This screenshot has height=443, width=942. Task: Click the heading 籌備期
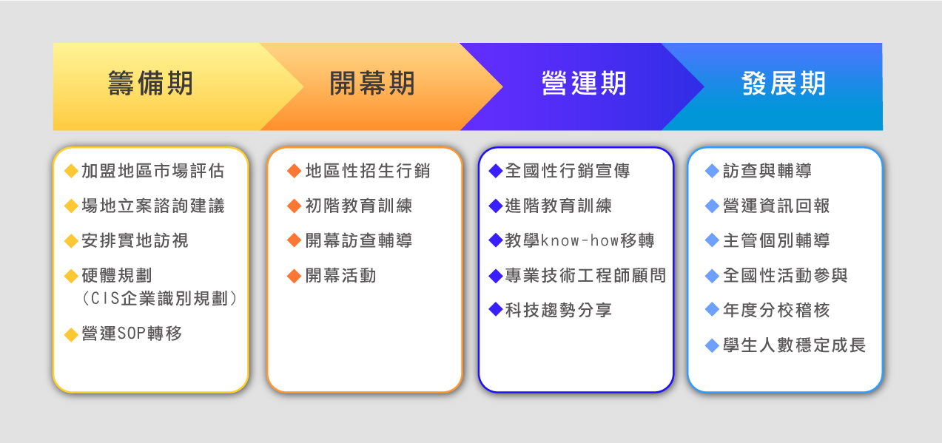tap(150, 84)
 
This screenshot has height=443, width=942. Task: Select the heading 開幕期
tap(372, 84)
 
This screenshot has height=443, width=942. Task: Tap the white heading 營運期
tap(584, 84)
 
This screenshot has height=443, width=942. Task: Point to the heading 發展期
tap(784, 84)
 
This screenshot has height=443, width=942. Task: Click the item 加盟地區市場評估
tap(153, 171)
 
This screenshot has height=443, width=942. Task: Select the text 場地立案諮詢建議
tap(153, 206)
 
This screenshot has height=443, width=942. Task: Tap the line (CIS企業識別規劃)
tap(159, 299)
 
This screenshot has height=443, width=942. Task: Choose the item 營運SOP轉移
tap(132, 334)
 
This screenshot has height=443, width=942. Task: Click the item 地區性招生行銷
tap(368, 171)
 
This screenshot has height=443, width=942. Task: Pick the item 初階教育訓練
tap(359, 206)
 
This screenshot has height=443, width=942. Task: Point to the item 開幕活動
tap(340, 276)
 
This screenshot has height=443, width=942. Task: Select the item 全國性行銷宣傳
tap(568, 171)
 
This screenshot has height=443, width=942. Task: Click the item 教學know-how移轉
tap(580, 241)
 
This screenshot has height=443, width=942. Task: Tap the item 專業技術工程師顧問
tap(586, 276)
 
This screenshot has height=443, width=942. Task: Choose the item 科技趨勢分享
tap(559, 310)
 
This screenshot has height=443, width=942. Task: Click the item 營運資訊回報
tap(776, 206)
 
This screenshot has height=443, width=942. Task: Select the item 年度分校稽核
tap(776, 310)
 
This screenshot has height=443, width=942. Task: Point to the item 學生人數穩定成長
tap(795, 345)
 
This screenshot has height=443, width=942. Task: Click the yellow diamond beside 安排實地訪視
tap(72, 241)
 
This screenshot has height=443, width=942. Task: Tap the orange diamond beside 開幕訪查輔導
tap(294, 241)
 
